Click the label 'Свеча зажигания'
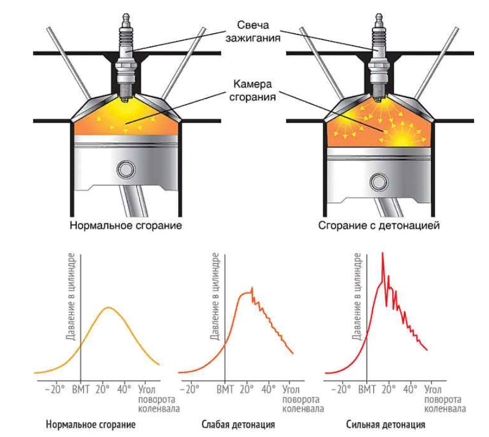point(259,32)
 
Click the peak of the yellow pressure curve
point(109,308)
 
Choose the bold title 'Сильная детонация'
point(386,426)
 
